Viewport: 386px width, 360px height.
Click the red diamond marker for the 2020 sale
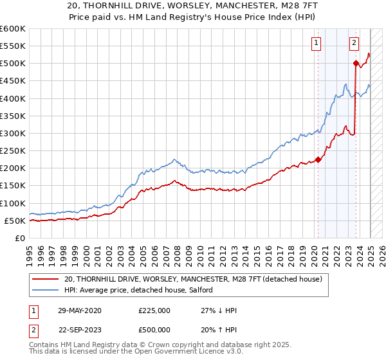[318, 160]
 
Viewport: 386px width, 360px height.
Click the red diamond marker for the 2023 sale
[356, 63]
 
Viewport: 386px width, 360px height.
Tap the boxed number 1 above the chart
[317, 43]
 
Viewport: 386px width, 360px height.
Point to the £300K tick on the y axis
[12, 133]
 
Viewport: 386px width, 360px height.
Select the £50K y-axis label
[14, 221]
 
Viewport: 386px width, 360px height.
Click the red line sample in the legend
[46, 279]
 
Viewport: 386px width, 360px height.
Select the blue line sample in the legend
[46, 290]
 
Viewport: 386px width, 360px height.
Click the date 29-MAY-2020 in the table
[80, 310]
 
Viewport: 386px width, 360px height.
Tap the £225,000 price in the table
[154, 310]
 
